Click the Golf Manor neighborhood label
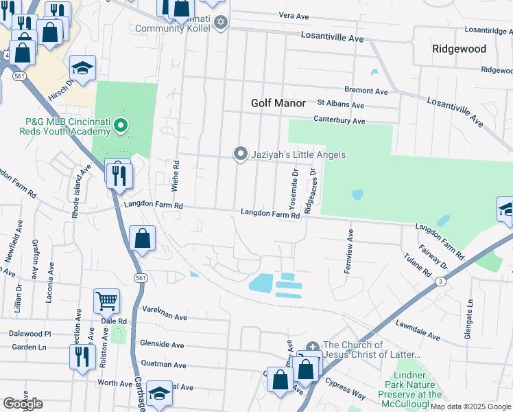tap(278, 103)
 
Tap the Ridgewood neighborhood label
tap(459, 49)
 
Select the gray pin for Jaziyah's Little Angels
tap(240, 154)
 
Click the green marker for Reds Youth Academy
tap(121, 125)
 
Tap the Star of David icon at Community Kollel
tap(220, 23)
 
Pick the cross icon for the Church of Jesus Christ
tap(312, 347)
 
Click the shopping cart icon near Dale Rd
tap(106, 300)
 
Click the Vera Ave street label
tap(296, 15)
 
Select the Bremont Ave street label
tap(366, 91)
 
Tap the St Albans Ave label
tap(340, 104)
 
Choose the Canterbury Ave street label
tap(339, 120)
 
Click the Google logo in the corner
tap(23, 404)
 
